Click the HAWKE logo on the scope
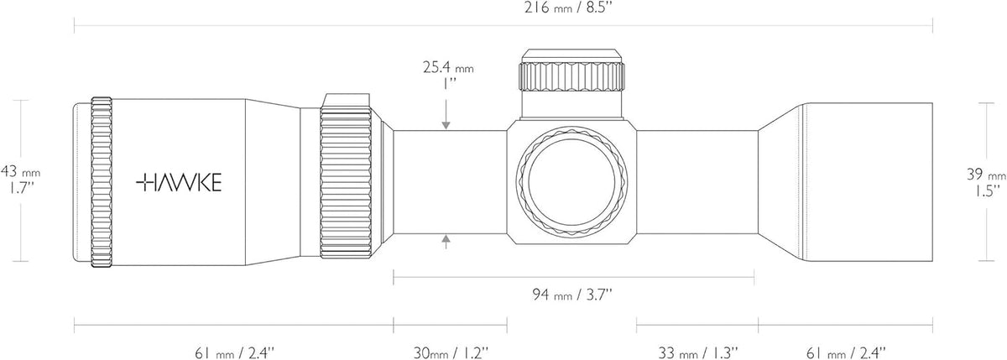click(179, 182)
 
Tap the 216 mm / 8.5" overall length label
click(569, 8)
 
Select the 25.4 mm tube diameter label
click(448, 67)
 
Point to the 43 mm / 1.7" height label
click(20, 180)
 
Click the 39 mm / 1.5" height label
click(986, 182)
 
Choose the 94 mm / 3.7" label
click(572, 295)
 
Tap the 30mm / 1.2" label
click(451, 352)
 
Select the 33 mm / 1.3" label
click(698, 352)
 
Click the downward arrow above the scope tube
click(446, 115)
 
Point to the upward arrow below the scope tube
click(446, 242)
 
